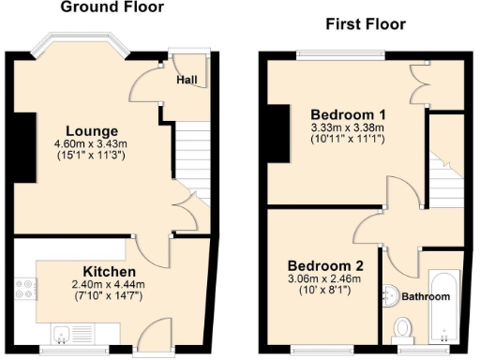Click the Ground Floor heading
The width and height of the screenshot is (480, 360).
click(x=112, y=7)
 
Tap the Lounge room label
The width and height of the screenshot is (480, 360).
click(x=92, y=130)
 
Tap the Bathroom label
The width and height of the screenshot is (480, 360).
click(x=427, y=297)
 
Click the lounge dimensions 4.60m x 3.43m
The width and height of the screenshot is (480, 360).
click(x=92, y=144)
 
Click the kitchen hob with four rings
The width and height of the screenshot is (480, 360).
click(x=24, y=286)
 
